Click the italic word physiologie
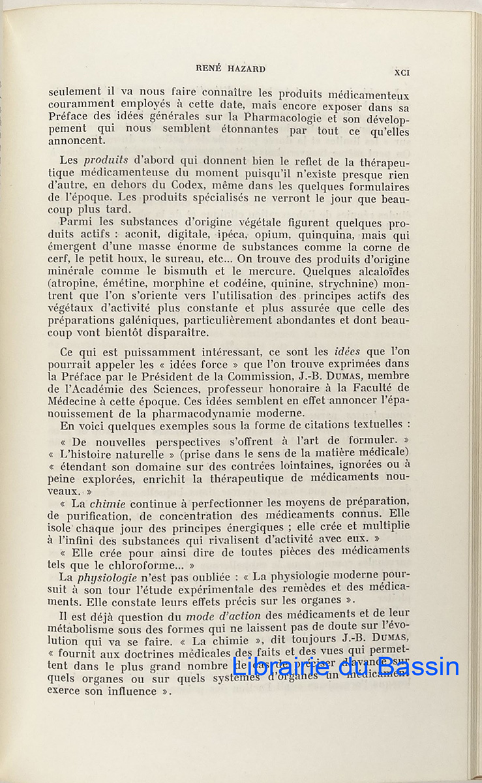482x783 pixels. point(106,577)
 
